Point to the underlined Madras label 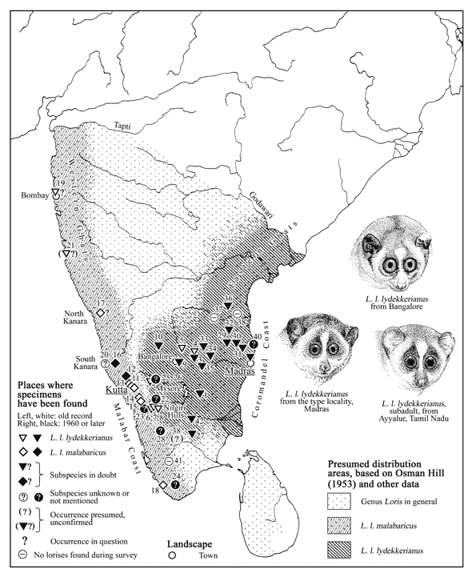240,371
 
